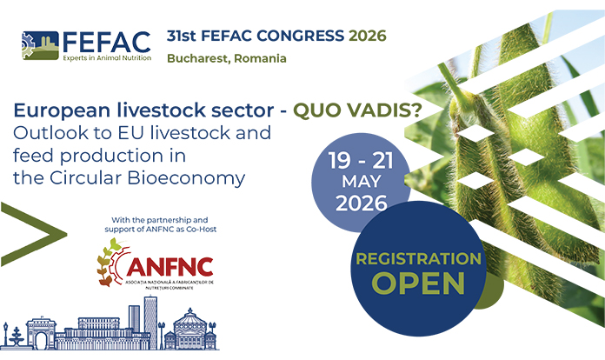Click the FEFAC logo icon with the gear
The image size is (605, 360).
38,43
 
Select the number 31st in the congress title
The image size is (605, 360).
182,36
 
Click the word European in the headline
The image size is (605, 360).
56,111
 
